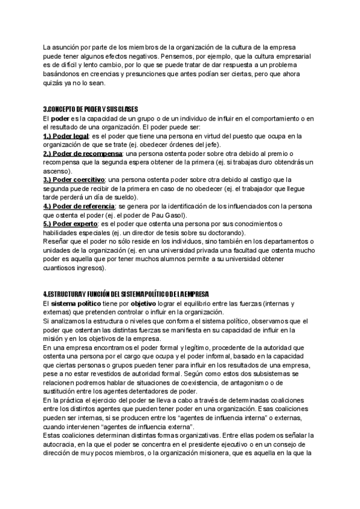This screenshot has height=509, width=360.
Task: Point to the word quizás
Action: tap(53, 83)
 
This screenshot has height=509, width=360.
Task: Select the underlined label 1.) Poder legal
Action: tap(67, 137)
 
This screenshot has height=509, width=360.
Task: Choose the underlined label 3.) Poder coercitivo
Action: tap(74, 179)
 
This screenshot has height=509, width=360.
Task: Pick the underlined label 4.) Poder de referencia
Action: tap(79, 206)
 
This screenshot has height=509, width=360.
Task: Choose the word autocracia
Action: tap(61, 453)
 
